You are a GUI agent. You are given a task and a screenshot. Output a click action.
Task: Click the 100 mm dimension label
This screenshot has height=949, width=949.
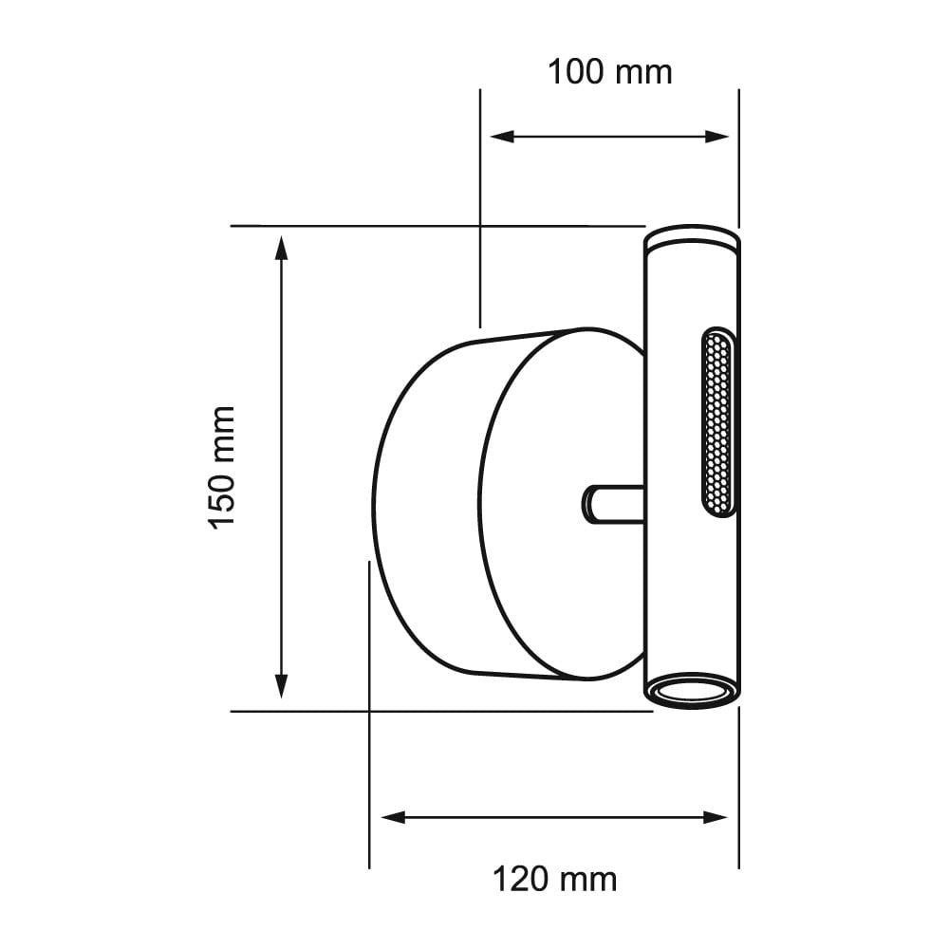click(609, 72)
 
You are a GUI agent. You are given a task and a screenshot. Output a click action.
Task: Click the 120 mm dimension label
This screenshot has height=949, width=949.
click(554, 879)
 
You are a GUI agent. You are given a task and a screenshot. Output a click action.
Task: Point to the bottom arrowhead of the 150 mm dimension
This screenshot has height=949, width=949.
click(281, 685)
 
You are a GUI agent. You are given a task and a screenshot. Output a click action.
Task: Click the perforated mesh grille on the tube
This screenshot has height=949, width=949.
click(717, 422)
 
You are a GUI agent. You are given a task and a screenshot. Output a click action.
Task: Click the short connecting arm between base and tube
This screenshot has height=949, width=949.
click(613, 503)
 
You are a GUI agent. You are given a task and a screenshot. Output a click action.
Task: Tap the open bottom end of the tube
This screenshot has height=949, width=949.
click(691, 692)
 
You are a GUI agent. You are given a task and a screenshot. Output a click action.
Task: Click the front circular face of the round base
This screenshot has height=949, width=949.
click(560, 503)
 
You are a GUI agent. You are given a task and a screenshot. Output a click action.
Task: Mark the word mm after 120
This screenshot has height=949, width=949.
click(589, 879)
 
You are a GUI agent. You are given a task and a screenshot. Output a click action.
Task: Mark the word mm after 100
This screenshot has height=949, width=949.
click(644, 72)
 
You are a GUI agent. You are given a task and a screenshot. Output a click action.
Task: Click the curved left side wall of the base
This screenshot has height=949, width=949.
click(422, 503)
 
